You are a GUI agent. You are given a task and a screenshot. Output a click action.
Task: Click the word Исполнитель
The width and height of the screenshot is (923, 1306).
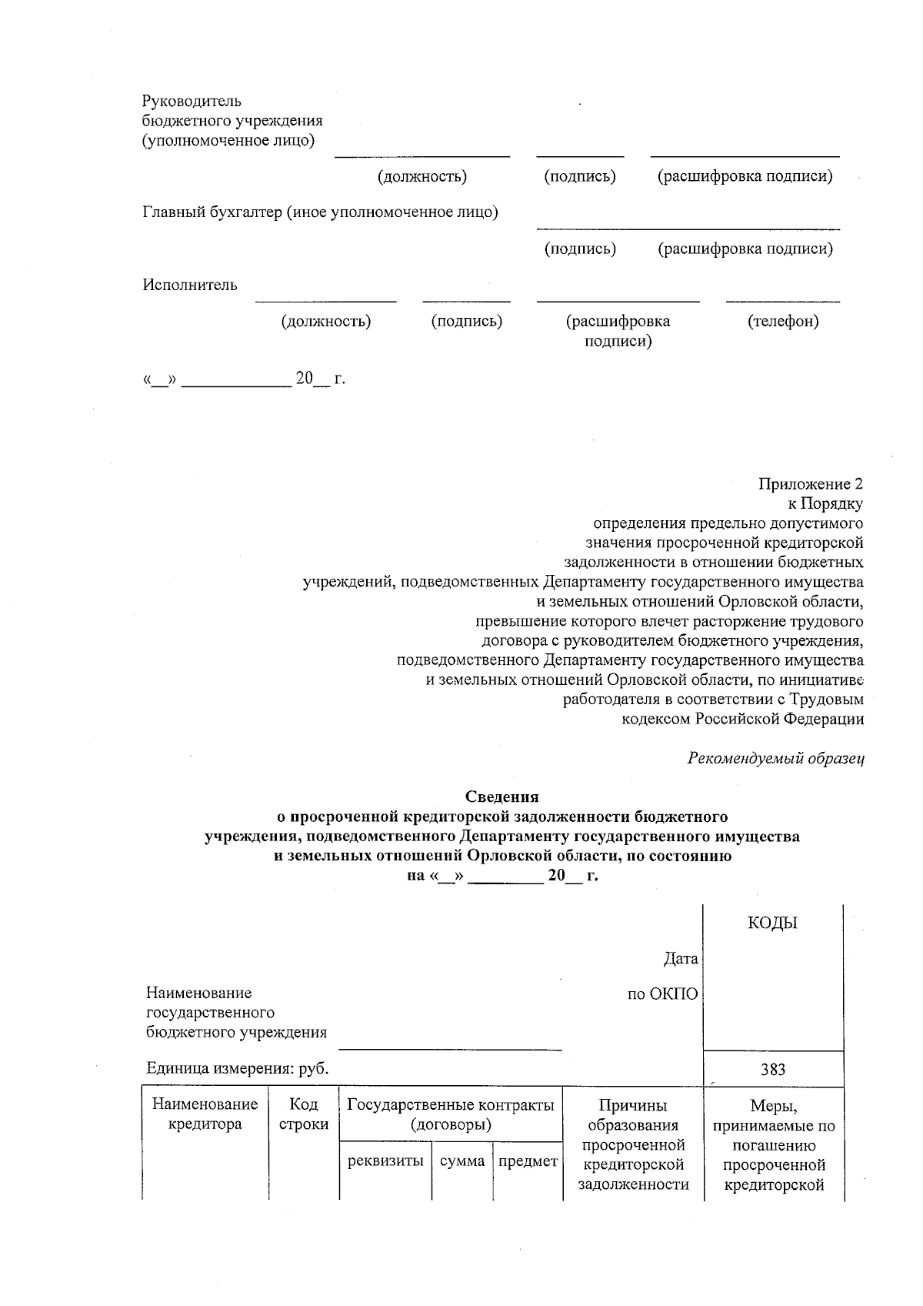coord(189,286)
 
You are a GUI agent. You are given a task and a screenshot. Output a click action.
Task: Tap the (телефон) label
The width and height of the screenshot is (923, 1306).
coord(782,322)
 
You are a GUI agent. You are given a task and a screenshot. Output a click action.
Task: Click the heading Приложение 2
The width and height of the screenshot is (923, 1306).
coord(810,484)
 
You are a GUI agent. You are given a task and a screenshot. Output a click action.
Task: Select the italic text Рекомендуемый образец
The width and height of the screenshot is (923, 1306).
coord(775,758)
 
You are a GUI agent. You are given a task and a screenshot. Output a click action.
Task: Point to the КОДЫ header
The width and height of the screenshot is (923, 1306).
coord(772,924)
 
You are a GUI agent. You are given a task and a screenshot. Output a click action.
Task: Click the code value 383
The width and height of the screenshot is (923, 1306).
coord(772,1070)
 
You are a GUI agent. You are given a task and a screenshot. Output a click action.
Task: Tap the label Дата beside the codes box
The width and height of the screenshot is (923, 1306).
coord(681,959)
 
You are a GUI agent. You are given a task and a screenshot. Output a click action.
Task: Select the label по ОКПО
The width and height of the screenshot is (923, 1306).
coord(662,994)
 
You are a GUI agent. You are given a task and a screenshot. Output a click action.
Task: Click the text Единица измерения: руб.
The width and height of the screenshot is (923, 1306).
coord(237,1068)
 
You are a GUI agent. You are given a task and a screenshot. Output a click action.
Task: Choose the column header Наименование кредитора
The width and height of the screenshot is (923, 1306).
coord(205,1114)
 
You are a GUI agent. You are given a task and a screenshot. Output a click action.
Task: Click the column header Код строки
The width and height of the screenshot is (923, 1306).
coord(303,1114)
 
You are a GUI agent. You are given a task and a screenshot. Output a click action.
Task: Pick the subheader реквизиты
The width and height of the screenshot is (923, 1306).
coord(385,1161)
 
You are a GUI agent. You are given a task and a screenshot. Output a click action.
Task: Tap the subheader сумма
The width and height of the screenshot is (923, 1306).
coord(461,1161)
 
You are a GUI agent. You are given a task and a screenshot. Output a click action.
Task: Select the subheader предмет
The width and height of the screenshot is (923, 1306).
coord(528,1161)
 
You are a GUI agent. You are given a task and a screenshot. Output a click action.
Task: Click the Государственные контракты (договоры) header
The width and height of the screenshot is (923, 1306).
coord(451,1114)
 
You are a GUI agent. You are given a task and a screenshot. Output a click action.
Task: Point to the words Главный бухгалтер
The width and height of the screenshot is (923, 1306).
coord(212,212)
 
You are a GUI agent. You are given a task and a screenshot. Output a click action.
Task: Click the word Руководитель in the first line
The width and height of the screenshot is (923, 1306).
coord(192,101)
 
